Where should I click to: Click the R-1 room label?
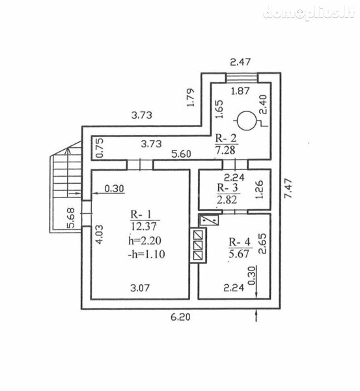(x=141, y=214)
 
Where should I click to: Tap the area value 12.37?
(x=143, y=226)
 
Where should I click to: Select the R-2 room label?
(x=226, y=138)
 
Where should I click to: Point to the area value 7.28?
(x=225, y=151)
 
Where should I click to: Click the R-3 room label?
(x=227, y=188)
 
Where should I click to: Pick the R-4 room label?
(x=240, y=242)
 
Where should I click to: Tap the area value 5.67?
(x=239, y=254)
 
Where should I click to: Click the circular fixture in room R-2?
(x=247, y=121)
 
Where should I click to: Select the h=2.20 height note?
(x=145, y=240)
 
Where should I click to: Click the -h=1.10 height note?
(x=146, y=254)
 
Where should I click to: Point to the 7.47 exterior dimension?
(x=288, y=188)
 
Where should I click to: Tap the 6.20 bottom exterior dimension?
(x=180, y=317)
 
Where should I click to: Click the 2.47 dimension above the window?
(x=240, y=62)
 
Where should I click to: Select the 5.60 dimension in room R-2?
(x=181, y=154)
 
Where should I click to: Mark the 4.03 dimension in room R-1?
(x=100, y=235)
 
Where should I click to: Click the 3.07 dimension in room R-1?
(x=140, y=288)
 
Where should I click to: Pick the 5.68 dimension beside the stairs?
(x=71, y=218)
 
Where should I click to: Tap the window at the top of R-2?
(x=242, y=78)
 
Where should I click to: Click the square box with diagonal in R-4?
(x=209, y=220)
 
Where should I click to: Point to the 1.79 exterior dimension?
(x=190, y=98)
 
